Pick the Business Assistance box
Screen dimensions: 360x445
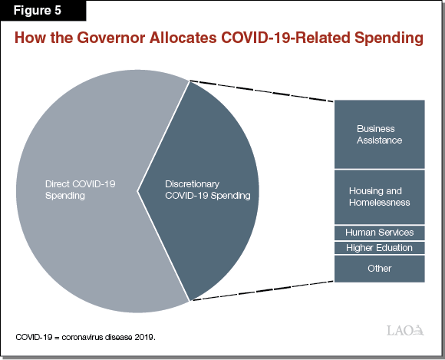(x=379, y=134)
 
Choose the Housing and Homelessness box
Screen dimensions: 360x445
(x=379, y=197)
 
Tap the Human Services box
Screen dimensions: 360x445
(x=379, y=232)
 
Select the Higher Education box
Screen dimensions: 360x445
(x=379, y=247)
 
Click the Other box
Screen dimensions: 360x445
(x=379, y=269)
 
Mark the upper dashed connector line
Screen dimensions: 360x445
(x=261, y=91)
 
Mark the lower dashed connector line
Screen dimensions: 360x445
(x=261, y=291)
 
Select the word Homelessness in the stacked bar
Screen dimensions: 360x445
(x=379, y=203)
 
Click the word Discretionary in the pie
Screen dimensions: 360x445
(x=193, y=184)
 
